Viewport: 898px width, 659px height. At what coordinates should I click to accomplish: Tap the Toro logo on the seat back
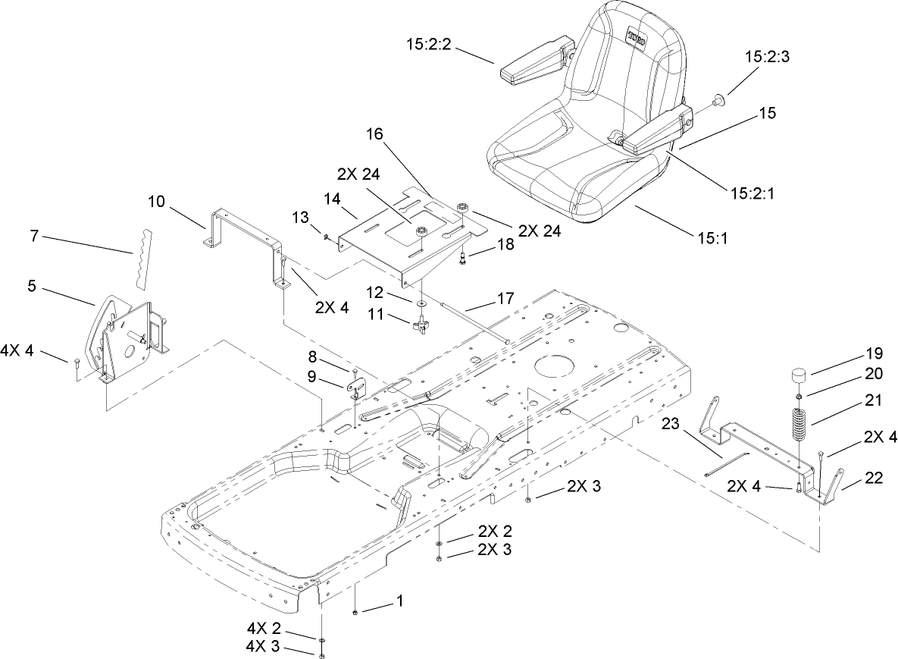pyautogui.click(x=635, y=39)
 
